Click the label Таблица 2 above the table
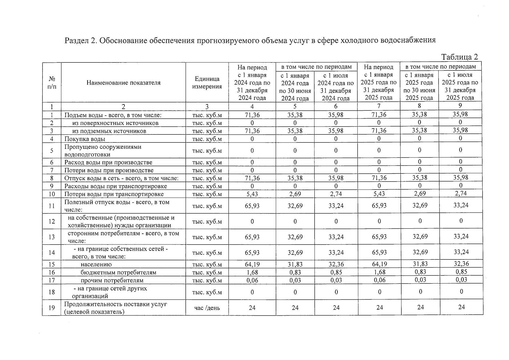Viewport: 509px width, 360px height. tap(460, 57)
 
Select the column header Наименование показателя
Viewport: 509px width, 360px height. tap(123, 83)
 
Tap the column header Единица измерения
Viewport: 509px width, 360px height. tap(207, 83)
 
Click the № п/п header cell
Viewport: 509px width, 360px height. tap(52, 83)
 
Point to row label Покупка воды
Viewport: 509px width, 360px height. tap(85, 139)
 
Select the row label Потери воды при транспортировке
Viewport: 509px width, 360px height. tap(114, 194)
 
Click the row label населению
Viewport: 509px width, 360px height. tap(96, 265)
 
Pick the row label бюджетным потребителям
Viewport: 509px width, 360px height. tap(118, 272)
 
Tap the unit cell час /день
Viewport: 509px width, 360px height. tap(207, 308)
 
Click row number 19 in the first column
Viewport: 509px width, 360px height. tap(52, 308)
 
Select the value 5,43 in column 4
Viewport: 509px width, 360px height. tap(252, 194)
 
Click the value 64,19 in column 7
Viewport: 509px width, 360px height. tap(379, 264)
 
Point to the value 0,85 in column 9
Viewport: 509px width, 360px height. tap(461, 272)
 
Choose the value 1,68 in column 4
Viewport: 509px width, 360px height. tap(252, 272)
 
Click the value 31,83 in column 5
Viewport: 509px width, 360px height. tap(295, 265)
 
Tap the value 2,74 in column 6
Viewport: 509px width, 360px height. tap(336, 194)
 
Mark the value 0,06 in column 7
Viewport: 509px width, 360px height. tap(379, 280)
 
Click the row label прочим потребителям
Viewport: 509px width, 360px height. tap(112, 280)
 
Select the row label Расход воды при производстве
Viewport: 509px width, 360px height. tap(108, 163)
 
